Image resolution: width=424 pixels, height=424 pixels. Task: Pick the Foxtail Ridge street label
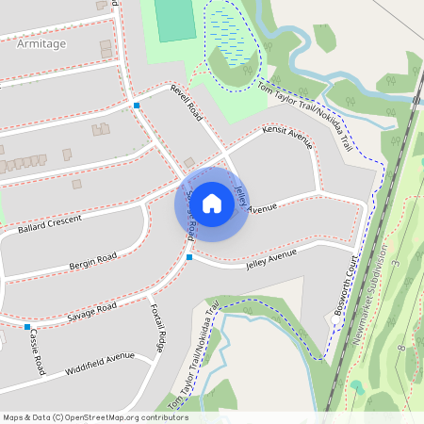coord(158,329)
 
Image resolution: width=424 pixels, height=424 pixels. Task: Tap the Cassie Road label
coord(37,348)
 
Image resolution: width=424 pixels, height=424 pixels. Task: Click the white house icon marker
coord(212,204)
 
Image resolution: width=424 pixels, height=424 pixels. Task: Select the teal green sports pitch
coord(175,20)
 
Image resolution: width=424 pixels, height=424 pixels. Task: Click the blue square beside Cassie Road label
coord(26,327)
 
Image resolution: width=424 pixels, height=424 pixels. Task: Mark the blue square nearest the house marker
coord(189,256)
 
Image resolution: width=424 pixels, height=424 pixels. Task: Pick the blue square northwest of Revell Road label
coord(137,106)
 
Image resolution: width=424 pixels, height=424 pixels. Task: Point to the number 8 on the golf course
coord(400,349)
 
